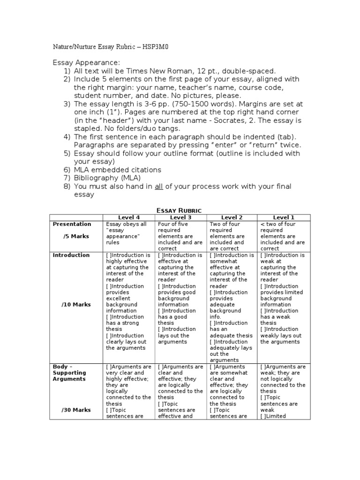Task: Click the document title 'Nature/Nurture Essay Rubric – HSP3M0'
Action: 114,47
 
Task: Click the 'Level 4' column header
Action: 128,217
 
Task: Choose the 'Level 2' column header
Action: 232,217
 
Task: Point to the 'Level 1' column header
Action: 284,217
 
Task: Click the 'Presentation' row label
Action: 72,224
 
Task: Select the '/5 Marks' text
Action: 76,236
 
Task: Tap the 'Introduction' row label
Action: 71,255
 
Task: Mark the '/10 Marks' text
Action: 76,304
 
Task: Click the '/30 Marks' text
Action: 76,410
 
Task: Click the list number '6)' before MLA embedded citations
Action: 67,170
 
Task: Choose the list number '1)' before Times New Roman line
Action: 67,71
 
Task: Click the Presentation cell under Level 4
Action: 128,233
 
